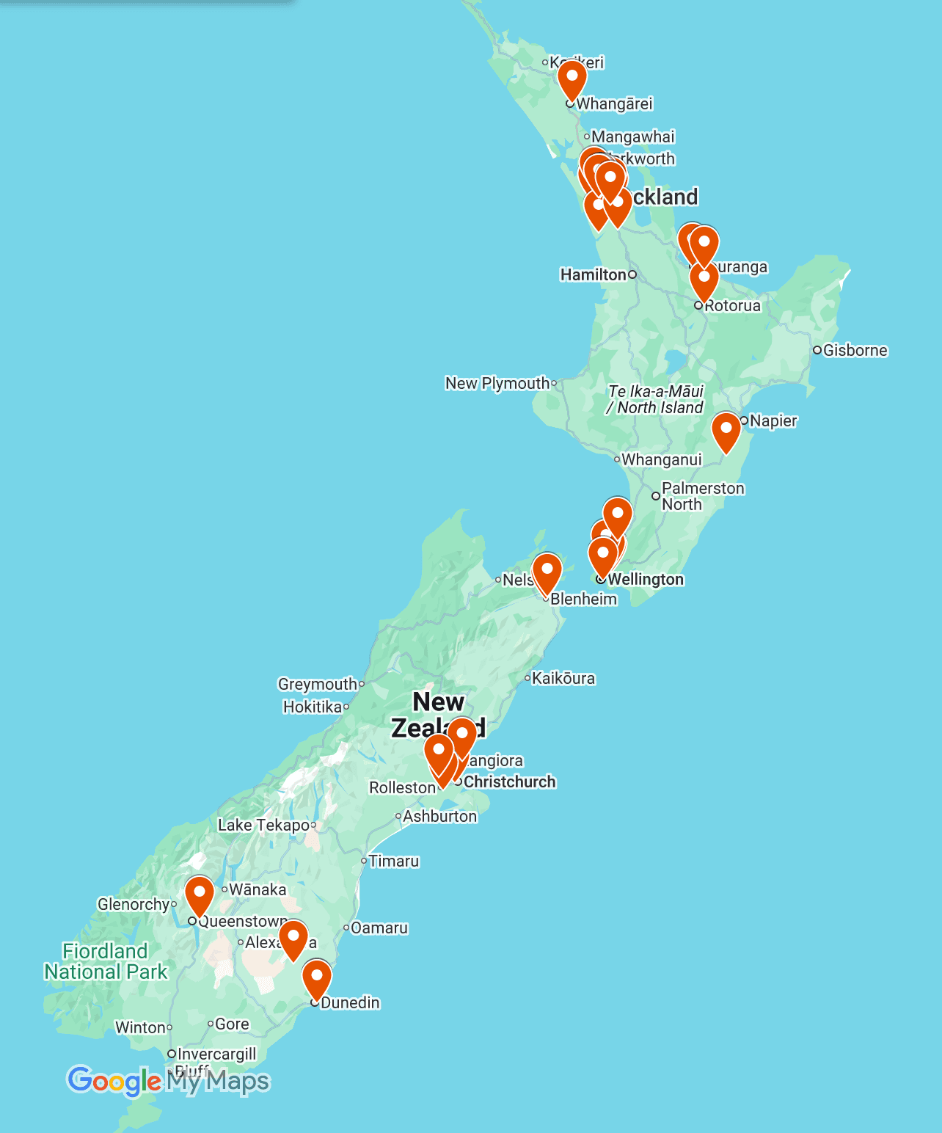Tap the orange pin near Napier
[x=726, y=431]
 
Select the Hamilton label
[x=593, y=274]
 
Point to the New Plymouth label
[x=497, y=383]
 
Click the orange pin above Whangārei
[x=572, y=79]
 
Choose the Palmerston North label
[x=702, y=496]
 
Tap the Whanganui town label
[x=661, y=460]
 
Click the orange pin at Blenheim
[x=547, y=572]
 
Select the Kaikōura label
[x=563, y=678]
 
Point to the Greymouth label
[x=317, y=684]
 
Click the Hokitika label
[x=313, y=707]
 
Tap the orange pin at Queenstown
[x=199, y=894]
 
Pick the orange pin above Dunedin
[x=317, y=978]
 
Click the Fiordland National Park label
[x=106, y=961]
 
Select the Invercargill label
[x=216, y=1054]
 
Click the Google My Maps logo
[x=169, y=1081]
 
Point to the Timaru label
[x=393, y=861]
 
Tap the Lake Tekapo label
[x=263, y=825]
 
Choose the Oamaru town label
[x=379, y=928]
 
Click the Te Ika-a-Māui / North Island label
[x=655, y=399]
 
